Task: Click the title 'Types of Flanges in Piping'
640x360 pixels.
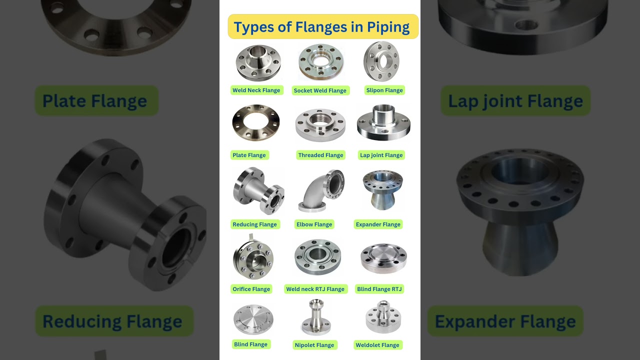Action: [x=322, y=27]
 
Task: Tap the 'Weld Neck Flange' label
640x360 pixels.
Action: [x=256, y=90]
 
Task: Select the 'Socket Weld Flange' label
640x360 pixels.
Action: [x=320, y=90]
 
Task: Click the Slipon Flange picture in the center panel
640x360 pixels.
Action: [x=381, y=61]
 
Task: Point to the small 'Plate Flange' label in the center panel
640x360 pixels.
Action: [x=249, y=155]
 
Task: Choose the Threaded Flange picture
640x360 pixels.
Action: [x=320, y=125]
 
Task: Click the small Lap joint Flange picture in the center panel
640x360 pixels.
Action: [x=383, y=123]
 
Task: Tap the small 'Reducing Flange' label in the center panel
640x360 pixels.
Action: [x=254, y=224]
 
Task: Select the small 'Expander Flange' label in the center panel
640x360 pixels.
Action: [x=378, y=224]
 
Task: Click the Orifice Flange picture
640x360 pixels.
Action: [x=253, y=258]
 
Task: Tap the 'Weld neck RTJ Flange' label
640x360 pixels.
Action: [x=315, y=289]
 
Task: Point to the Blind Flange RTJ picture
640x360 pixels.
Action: [x=383, y=258]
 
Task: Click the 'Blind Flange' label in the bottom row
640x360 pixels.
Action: [x=250, y=344]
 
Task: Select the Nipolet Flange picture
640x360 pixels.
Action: [x=315, y=317]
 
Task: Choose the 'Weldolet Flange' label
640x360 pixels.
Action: [x=377, y=345]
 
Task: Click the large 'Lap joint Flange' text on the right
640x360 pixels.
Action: [x=515, y=101]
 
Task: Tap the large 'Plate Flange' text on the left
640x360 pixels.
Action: [x=95, y=101]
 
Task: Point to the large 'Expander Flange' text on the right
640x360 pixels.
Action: [x=505, y=321]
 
